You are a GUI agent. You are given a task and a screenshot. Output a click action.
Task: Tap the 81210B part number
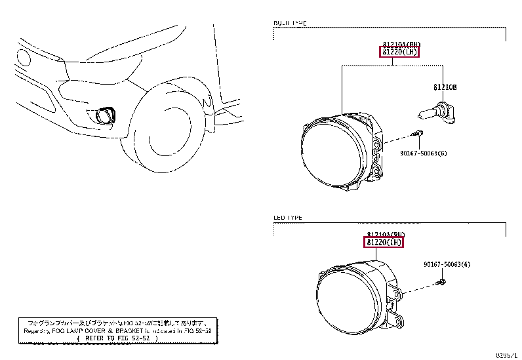coord(444,87)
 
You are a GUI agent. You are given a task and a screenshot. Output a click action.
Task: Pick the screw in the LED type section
coord(441,283)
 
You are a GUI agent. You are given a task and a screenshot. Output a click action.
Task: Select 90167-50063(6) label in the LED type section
coord(447,264)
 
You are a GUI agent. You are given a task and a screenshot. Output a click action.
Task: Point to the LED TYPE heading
coord(288,217)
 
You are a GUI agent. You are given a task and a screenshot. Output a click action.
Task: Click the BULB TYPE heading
coord(289,23)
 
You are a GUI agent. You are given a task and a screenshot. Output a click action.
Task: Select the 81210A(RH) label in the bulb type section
coord(399,45)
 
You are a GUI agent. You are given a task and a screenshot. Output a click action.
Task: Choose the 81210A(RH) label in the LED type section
coord(386,234)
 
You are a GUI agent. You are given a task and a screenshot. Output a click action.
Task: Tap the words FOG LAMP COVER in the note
coord(78,330)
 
